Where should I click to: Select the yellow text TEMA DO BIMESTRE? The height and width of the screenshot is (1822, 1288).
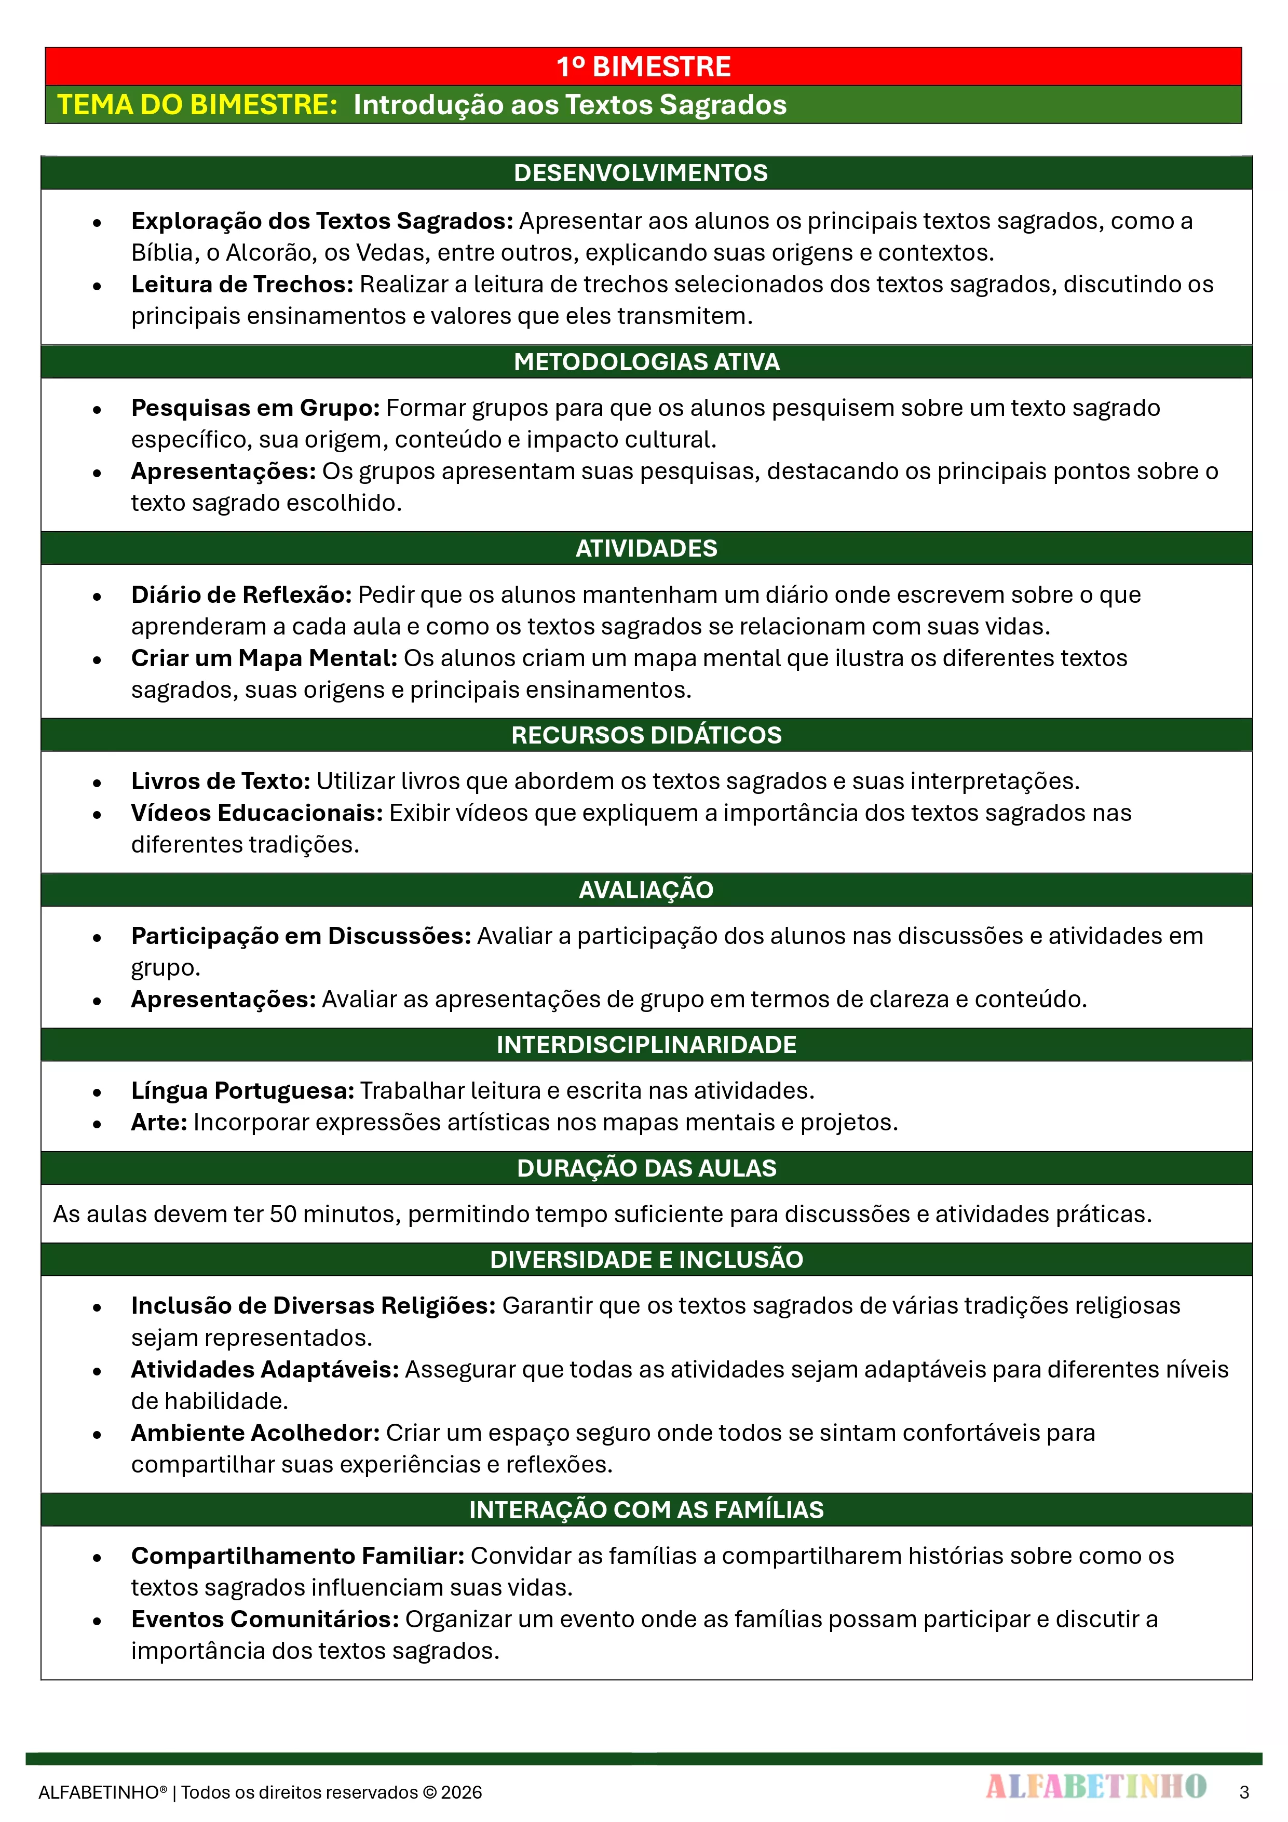(x=198, y=105)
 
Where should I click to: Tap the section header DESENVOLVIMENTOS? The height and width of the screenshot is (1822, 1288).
(x=641, y=173)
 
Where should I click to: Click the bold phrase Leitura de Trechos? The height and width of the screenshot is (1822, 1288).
(x=242, y=284)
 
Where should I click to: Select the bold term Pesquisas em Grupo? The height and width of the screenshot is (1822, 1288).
(x=255, y=408)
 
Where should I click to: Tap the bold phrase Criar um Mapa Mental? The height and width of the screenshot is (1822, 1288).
(x=264, y=658)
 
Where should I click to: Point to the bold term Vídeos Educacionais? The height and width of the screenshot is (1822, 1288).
(x=256, y=813)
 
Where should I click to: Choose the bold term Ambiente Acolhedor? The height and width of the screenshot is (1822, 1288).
(x=255, y=1433)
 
